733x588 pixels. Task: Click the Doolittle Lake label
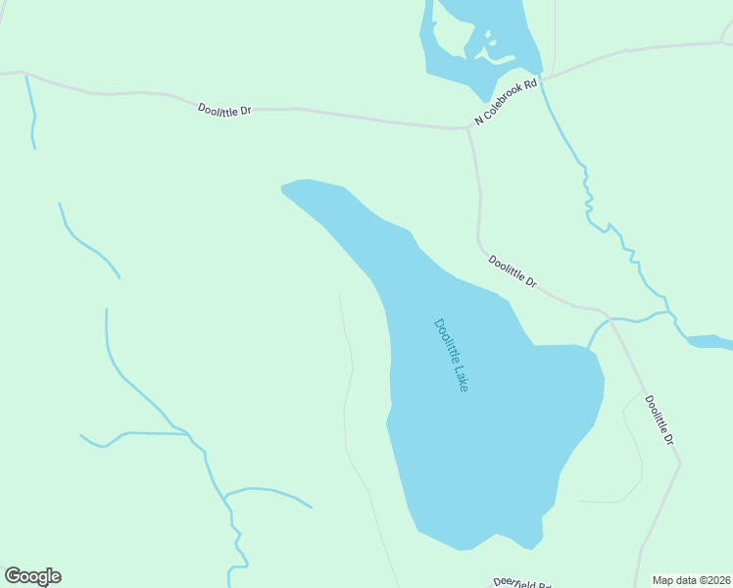[451, 355]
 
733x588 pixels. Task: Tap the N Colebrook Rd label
[507, 102]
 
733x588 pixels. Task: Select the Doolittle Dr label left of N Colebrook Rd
[224, 110]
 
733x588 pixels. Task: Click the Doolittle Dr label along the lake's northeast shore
[513, 271]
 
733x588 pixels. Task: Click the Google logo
[32, 576]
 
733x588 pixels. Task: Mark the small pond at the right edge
[709, 342]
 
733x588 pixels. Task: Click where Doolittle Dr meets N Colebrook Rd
[469, 127]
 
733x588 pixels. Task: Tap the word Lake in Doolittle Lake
[461, 376]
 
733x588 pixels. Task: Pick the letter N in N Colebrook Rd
[478, 121]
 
